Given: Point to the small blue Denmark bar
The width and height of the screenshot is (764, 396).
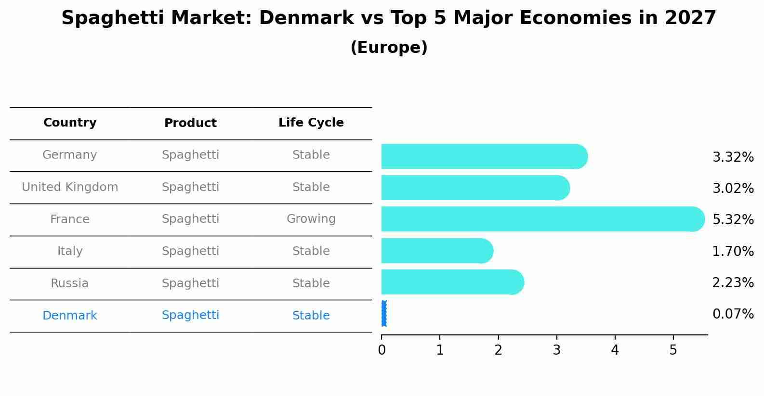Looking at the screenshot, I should coord(384,314).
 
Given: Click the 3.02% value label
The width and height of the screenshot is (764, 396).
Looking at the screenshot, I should coord(733,188).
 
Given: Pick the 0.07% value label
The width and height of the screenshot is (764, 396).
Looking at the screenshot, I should coord(733,314).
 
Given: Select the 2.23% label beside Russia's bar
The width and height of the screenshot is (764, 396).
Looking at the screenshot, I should coord(733,282).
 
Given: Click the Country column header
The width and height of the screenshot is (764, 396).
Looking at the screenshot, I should coord(70,123).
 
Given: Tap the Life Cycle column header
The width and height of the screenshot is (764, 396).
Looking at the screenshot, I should coord(311,123).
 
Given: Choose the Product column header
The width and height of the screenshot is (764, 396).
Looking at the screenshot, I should coord(190,123).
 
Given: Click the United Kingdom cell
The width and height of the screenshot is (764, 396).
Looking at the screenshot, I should coord(70,187).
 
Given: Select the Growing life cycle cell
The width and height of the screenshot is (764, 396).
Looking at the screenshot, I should coord(311,219).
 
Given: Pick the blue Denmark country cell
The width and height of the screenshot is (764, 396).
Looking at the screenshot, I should coord(70,316).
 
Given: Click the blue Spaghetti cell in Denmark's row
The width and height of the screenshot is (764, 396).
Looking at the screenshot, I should coord(190,315).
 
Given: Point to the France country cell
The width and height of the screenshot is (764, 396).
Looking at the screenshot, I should coord(70,219).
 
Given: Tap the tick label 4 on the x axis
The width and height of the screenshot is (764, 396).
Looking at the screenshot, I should coord(615,350).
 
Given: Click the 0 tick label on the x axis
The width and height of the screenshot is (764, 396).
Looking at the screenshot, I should coord(382,350).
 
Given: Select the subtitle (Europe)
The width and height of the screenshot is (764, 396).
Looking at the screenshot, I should coord(389,48).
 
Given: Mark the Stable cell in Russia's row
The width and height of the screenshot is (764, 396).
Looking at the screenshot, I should coord(311,283).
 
